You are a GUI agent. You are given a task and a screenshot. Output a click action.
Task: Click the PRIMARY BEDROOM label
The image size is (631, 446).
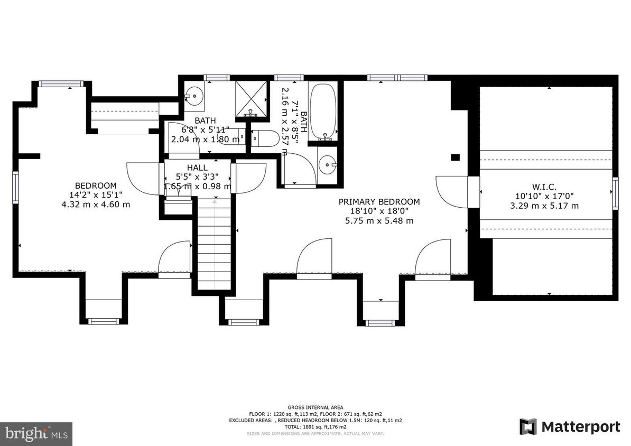coord(379,201)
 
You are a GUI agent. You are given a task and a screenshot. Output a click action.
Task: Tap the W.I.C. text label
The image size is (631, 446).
coord(544,186)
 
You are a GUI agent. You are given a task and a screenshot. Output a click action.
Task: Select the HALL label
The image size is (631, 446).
coord(197,167)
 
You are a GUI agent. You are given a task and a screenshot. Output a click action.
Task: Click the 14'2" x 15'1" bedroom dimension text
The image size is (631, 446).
coord(96,194)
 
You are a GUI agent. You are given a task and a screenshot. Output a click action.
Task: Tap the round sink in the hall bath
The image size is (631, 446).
coord(194,97)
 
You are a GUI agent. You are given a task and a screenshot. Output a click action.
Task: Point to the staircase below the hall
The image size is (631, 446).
coord(215,243)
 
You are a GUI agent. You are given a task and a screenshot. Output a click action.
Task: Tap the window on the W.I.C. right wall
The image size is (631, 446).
coord(615,187)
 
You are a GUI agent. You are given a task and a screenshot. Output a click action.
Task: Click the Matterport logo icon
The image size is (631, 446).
coord(527,426)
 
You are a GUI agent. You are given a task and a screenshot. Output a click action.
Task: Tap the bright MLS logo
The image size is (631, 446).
coord(36,434)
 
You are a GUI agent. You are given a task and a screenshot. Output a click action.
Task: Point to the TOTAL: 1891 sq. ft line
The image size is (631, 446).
coord(315,426)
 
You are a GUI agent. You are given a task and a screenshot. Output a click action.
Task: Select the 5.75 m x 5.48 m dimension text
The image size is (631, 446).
coord(379,220)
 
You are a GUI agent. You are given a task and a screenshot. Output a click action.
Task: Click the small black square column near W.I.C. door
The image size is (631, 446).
coord(454,156)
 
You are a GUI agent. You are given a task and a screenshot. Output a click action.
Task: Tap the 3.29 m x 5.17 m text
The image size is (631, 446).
coord(544,206)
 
